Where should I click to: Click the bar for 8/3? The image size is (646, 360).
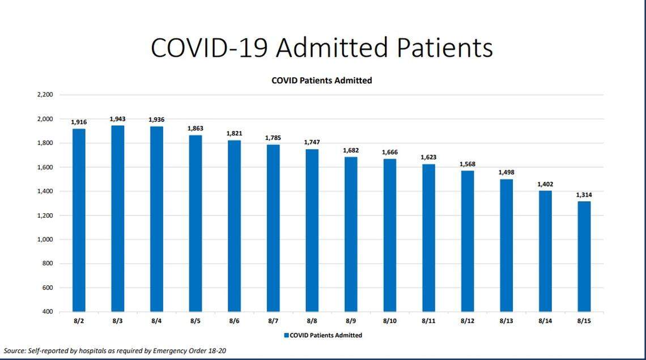click(117, 218)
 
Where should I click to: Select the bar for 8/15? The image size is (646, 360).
click(584, 256)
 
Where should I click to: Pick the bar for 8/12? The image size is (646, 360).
click(467, 241)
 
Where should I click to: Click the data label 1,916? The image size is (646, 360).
click(79, 122)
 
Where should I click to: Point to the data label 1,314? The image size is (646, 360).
click(584, 194)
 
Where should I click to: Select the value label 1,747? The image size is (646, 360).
click(312, 142)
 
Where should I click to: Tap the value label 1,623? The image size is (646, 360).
click(428, 157)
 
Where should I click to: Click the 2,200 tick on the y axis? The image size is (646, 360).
click(45, 95)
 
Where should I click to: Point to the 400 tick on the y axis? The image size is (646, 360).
click(47, 312)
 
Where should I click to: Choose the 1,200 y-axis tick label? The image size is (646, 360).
click(45, 215)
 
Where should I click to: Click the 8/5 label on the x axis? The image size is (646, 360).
click(195, 321)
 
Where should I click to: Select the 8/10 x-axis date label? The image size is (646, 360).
click(389, 321)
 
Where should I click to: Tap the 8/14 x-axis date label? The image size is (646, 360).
click(545, 321)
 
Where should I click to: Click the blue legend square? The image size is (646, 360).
click(286, 335)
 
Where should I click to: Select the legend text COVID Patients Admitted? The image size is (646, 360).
click(326, 335)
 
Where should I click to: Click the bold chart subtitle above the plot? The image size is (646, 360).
click(321, 81)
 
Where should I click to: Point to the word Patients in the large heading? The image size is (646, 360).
click(444, 48)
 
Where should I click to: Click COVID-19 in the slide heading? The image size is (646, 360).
click(209, 48)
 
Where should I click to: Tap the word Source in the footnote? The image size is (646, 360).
click(14, 351)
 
